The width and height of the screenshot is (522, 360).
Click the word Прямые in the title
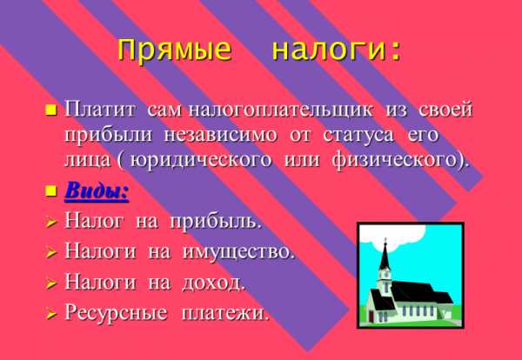(x=174, y=50)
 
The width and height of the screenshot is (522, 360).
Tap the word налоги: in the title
(x=336, y=50)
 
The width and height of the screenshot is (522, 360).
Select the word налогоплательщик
(x=280, y=110)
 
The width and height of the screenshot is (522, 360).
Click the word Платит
(x=100, y=110)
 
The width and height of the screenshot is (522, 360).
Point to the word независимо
(x=220, y=136)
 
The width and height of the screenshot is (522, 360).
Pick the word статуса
(x=358, y=136)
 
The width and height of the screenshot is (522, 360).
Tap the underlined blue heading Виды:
(x=97, y=191)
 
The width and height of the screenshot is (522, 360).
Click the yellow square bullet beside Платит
(x=51, y=110)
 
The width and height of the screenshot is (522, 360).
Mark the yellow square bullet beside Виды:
(x=51, y=191)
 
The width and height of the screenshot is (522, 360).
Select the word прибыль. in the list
(x=215, y=222)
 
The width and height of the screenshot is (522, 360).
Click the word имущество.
(x=238, y=252)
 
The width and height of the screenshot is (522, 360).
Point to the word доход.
(x=213, y=283)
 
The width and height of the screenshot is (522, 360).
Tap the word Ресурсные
(x=116, y=313)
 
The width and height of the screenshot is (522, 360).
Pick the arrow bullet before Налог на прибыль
(x=51, y=223)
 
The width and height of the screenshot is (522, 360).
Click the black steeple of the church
(x=385, y=257)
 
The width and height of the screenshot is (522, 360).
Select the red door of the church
(x=371, y=317)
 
